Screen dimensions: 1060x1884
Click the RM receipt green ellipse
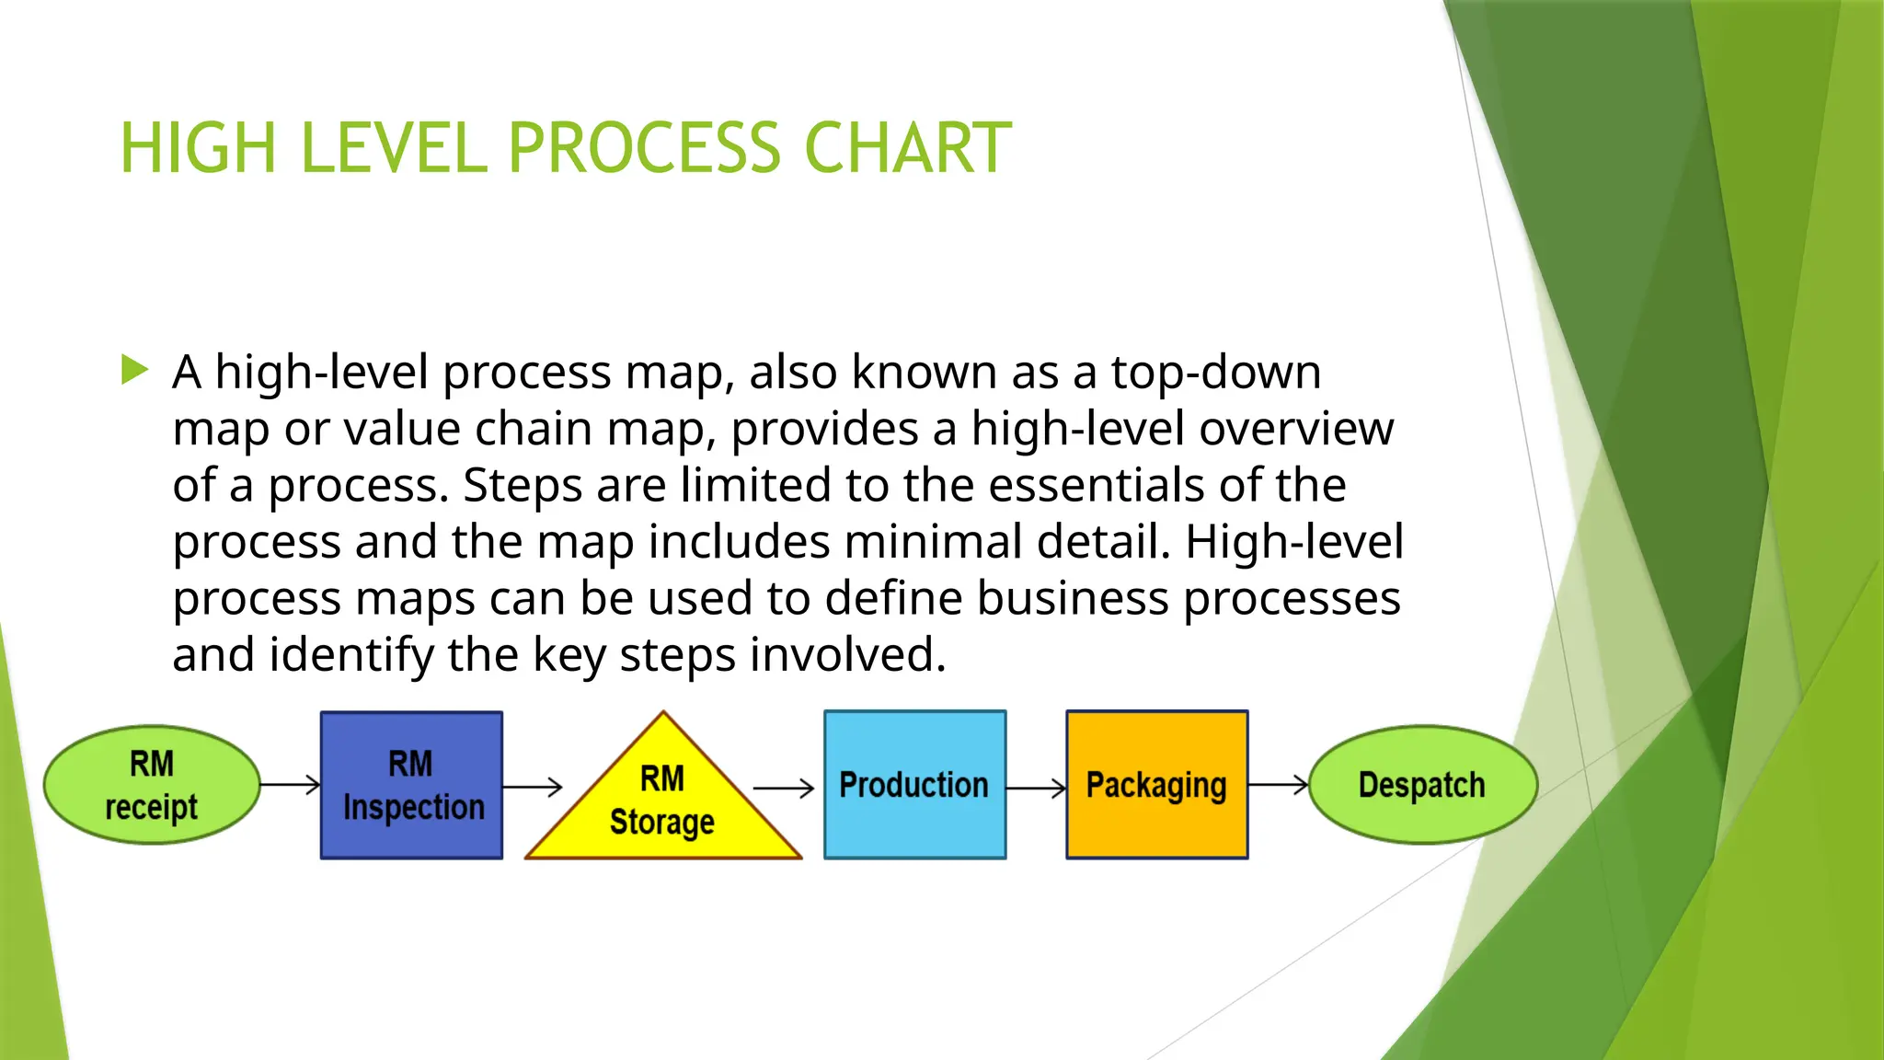pos(152,785)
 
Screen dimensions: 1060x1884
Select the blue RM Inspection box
pos(411,785)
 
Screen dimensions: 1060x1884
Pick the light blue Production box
pos(914,785)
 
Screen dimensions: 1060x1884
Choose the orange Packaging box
pos(1156,785)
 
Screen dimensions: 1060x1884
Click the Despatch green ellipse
pos(1422,785)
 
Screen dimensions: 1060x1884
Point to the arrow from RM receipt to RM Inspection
pos(290,785)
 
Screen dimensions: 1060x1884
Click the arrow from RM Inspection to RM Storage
pos(533,787)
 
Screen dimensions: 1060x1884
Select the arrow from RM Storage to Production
pos(784,789)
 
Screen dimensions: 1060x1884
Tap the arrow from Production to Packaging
pos(1036,789)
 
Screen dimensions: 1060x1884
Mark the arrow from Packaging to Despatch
pos(1278,785)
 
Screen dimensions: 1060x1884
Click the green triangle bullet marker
pos(134,371)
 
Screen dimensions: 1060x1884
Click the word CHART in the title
pos(907,148)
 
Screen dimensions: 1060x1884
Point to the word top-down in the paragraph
pos(1215,373)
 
